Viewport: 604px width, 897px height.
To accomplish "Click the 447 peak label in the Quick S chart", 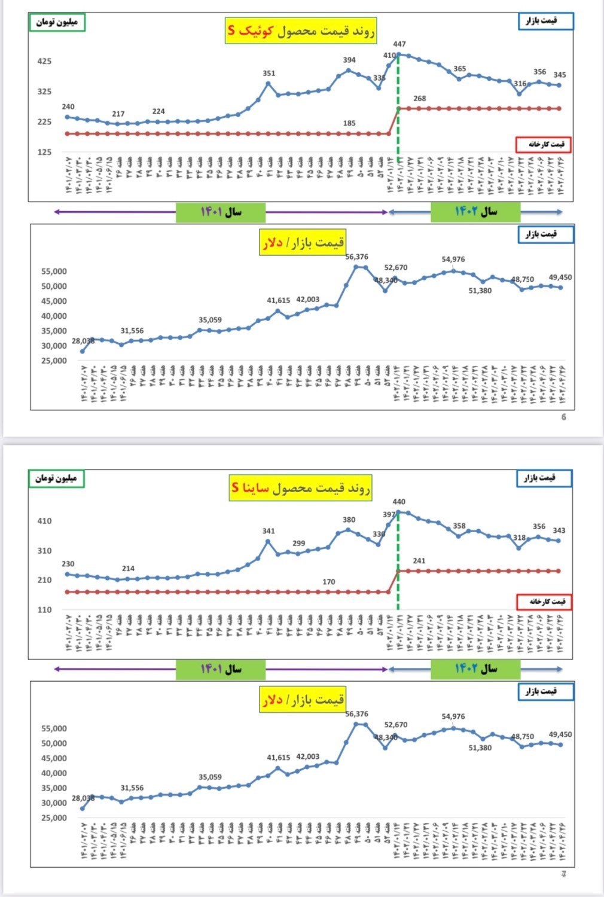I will [x=399, y=44].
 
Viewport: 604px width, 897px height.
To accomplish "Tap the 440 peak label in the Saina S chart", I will [x=399, y=502].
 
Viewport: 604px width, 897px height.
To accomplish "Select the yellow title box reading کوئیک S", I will [x=301, y=30].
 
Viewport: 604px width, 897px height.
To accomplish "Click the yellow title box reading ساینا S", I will [x=301, y=488].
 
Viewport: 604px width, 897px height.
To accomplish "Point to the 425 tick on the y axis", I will [x=44, y=61].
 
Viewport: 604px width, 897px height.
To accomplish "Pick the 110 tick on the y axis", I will [x=44, y=610].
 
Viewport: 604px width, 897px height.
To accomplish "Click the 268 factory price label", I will [x=420, y=99].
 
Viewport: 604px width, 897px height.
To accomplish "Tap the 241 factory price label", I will [x=419, y=561].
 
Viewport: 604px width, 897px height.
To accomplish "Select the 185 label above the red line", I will [x=349, y=123].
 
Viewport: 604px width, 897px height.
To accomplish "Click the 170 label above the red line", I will [x=329, y=582].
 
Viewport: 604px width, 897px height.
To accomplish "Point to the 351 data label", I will [x=269, y=74].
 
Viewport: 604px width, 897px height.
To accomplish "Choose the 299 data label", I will [x=298, y=544].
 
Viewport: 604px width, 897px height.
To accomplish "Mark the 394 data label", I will [x=349, y=60].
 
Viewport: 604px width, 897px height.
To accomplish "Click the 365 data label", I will [x=459, y=69].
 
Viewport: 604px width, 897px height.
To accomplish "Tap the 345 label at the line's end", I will [x=560, y=75].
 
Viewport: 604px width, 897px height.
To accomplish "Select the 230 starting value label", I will [x=68, y=564].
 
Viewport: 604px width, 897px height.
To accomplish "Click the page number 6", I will [x=563, y=417].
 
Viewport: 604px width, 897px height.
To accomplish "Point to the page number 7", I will [x=563, y=874].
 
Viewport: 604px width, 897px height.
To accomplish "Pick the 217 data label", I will [x=118, y=114].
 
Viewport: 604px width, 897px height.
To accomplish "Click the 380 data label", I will [x=349, y=520].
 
